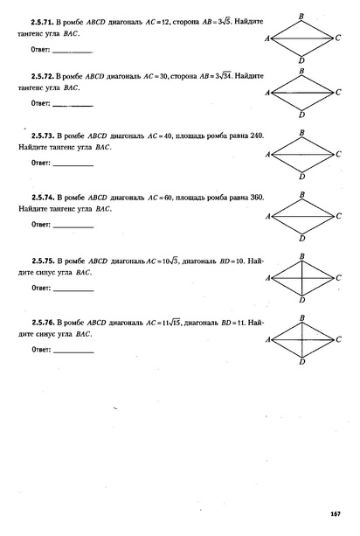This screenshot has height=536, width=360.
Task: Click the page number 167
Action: [335, 512]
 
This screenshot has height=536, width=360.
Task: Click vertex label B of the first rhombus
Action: [301, 16]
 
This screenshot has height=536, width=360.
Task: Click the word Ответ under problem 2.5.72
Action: [40, 104]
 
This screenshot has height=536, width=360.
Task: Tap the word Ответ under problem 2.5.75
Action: [40, 288]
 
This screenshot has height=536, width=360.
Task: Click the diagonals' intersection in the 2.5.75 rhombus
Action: [301, 278]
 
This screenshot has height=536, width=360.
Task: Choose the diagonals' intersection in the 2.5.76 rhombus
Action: [301, 338]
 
